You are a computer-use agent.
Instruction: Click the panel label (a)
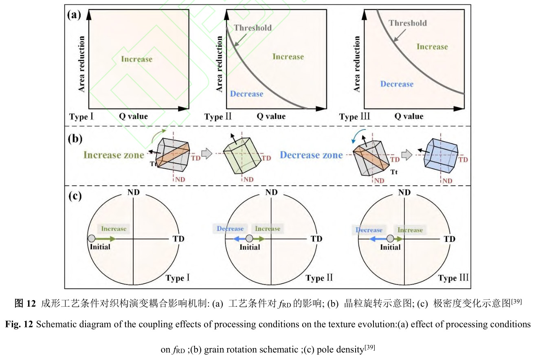[x=74, y=15]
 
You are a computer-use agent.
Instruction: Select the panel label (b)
[x=74, y=138]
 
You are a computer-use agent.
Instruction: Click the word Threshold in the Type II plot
[x=253, y=28]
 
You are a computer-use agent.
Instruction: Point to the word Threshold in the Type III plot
[x=407, y=23]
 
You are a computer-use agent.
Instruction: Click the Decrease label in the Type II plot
[x=246, y=94]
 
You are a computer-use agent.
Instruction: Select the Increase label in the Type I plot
[x=137, y=59]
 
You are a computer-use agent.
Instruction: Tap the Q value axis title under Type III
[x=409, y=116]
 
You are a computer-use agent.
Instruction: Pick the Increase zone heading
[x=114, y=155]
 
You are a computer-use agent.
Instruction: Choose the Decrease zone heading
[x=311, y=155]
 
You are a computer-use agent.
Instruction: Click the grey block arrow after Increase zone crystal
[x=207, y=153]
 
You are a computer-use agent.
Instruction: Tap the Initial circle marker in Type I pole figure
[x=92, y=238]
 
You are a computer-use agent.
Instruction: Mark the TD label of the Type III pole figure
[x=450, y=239]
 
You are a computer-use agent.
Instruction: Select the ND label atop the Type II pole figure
[x=272, y=193]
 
